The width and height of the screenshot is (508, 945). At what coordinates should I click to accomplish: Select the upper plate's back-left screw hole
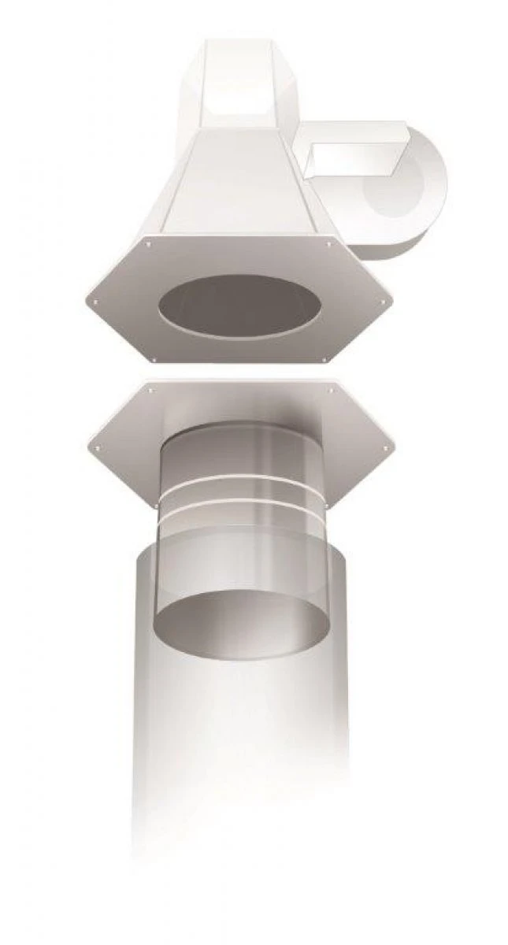(147, 245)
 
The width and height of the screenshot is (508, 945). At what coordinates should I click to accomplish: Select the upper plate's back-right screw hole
(329, 245)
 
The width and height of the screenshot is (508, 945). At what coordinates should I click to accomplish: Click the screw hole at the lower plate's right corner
(385, 447)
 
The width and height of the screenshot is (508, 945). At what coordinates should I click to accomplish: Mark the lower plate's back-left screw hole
(147, 387)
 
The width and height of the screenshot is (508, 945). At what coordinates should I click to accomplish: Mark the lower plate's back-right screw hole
(331, 387)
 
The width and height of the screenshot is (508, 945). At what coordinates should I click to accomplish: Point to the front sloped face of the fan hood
(236, 181)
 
